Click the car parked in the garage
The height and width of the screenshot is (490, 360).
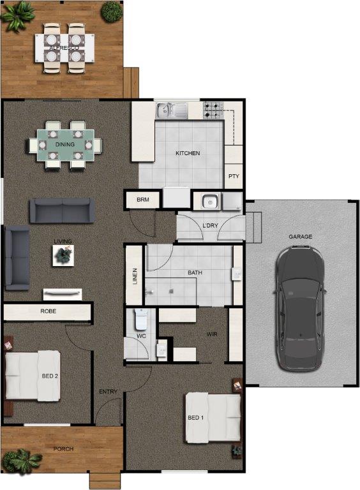299,308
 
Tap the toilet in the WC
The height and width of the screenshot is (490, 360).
140,320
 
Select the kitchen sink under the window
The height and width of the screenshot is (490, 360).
172,110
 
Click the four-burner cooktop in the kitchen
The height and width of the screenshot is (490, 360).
213,111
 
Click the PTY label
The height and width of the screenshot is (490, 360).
234,176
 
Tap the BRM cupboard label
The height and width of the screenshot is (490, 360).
143,200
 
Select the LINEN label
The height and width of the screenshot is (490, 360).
135,276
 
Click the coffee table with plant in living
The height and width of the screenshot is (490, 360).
63,256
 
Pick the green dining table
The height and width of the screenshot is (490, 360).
65,145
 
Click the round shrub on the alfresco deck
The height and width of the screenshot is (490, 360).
111,12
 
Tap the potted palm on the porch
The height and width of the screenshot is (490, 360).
21,461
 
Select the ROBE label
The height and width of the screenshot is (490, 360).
49,311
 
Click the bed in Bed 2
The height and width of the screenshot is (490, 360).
33,376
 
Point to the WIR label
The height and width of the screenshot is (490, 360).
212,334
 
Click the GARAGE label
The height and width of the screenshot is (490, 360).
300,237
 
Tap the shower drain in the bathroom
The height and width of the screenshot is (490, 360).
171,291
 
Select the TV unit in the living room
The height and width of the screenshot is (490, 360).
63,294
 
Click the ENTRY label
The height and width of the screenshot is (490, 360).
108,392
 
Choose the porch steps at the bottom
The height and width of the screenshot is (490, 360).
105,480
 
